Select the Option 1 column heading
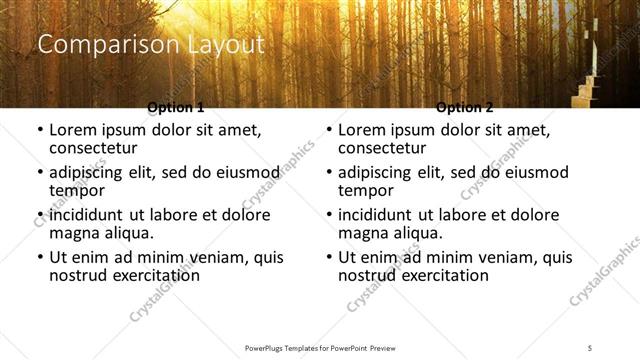tap(176, 107)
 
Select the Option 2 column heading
tap(465, 107)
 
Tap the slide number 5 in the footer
tap(590, 347)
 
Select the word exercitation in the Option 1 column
tap(156, 275)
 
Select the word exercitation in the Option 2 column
tap(445, 275)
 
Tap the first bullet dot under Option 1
tap(39, 130)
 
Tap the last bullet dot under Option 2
tap(328, 257)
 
